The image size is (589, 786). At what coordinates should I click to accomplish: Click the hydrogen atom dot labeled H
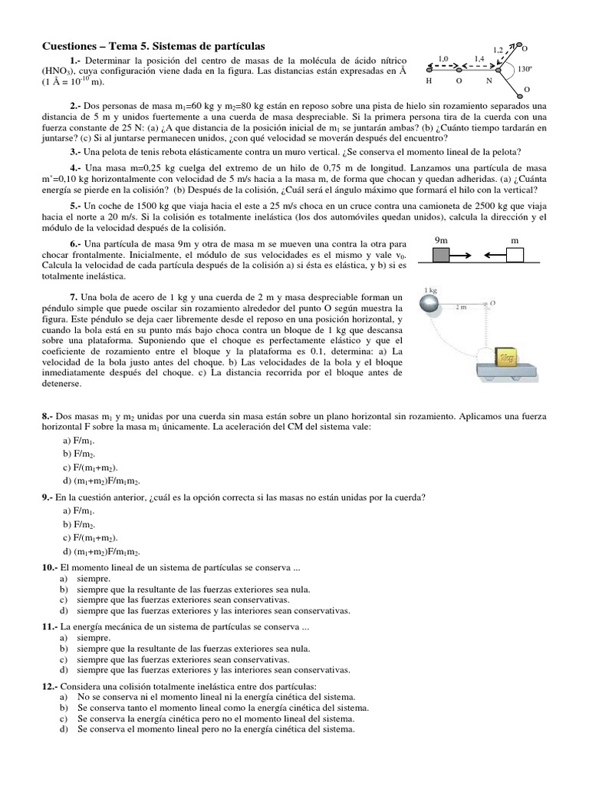[x=430, y=68]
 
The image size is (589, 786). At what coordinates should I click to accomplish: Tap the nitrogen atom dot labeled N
[x=489, y=68]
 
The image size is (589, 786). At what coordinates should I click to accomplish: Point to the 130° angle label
[x=525, y=69]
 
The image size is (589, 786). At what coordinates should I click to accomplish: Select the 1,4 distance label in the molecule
[x=479, y=58]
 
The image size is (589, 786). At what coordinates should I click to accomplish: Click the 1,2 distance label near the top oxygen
[x=499, y=49]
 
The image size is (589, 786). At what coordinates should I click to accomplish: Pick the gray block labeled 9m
[x=442, y=254]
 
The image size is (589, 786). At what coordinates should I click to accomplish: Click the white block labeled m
[x=515, y=254]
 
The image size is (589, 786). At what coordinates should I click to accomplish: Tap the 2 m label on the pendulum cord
[x=462, y=307]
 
